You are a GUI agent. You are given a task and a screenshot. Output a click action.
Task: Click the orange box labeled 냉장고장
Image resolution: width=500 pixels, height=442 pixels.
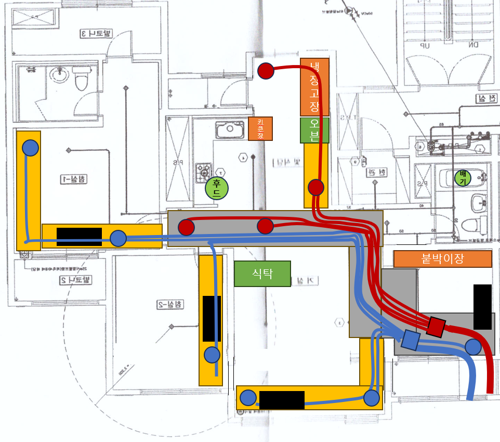[x=314, y=87]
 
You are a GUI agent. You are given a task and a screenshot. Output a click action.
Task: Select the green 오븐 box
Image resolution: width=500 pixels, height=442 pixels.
[x=314, y=130]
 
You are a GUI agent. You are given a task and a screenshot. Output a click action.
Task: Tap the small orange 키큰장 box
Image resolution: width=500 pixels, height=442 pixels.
[x=260, y=128]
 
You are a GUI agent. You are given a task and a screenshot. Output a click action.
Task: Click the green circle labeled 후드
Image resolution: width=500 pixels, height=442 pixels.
[x=217, y=188]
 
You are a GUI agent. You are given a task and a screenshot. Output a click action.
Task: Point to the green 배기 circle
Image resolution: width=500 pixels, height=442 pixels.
[x=461, y=178]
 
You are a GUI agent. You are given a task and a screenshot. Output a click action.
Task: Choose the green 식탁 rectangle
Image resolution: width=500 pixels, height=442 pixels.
[x=262, y=274]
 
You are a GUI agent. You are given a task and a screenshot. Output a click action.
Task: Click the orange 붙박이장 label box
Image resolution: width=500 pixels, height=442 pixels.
[x=442, y=259]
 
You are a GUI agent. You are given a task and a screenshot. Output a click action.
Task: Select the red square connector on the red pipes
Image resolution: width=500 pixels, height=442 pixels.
[x=436, y=326]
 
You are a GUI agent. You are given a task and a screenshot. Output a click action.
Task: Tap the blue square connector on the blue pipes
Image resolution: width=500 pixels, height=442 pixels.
[x=411, y=340]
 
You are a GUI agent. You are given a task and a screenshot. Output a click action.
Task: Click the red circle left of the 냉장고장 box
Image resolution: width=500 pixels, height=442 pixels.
[x=266, y=71]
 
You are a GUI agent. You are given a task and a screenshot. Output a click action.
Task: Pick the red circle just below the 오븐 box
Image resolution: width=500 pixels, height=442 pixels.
[x=316, y=187]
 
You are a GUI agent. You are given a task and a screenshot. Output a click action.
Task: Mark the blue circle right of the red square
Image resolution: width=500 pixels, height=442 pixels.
[x=473, y=346]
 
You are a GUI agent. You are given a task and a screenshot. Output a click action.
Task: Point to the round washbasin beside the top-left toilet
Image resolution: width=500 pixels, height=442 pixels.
[x=59, y=76]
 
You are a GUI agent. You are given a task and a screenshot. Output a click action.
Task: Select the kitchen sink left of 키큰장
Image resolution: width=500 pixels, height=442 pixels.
[x=230, y=129]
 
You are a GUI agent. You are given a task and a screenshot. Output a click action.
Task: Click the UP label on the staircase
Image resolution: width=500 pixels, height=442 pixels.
[x=426, y=45]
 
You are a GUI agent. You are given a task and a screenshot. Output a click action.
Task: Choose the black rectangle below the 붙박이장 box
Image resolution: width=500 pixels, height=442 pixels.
[x=482, y=307]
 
